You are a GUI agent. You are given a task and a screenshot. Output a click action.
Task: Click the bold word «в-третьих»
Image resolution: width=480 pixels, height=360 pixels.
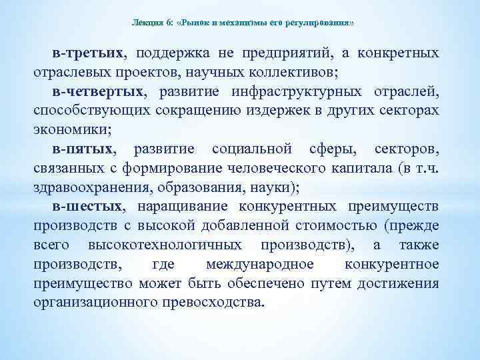(x=91, y=53)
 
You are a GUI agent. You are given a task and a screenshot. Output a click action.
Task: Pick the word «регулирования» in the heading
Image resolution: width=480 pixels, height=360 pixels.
(x=316, y=23)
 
